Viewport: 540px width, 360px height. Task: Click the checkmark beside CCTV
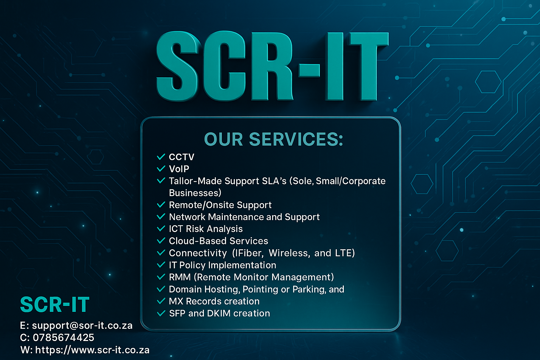pyautogui.click(x=161, y=157)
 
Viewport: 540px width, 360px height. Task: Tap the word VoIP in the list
pyautogui.click(x=179, y=169)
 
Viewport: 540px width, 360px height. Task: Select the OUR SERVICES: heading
pyautogui.click(x=274, y=139)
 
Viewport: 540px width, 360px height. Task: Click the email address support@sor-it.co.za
pyautogui.click(x=82, y=326)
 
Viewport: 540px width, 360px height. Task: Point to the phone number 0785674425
pyautogui.click(x=63, y=337)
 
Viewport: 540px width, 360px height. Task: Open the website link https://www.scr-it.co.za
pyautogui.click(x=92, y=350)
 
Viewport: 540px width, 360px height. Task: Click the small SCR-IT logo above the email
pyautogui.click(x=55, y=304)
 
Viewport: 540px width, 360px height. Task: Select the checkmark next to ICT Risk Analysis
pyautogui.click(x=161, y=229)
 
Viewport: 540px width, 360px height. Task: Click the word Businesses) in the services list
pyautogui.click(x=195, y=193)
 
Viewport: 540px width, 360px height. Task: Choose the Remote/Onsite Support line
pyautogui.click(x=220, y=205)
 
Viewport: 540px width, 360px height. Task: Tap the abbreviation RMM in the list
pyautogui.click(x=180, y=277)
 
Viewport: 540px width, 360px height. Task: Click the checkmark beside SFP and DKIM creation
pyautogui.click(x=161, y=313)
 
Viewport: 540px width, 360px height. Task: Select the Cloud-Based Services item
pyautogui.click(x=218, y=241)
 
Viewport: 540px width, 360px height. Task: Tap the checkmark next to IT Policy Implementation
pyautogui.click(x=161, y=265)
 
